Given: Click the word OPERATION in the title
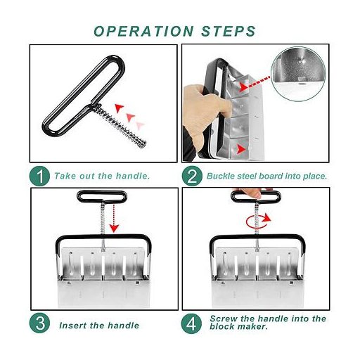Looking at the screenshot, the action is (x=143, y=31).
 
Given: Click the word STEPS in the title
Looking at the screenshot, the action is (x=229, y=31).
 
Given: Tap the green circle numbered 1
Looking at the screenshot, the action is (x=39, y=176).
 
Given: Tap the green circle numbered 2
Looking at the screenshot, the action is (x=192, y=176).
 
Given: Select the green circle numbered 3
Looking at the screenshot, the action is (x=39, y=323).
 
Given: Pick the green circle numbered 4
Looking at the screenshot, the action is (x=191, y=323).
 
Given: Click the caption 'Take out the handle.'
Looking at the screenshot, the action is (x=102, y=176).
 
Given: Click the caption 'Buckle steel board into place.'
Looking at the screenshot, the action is (x=266, y=176).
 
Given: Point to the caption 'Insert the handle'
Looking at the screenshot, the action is (x=99, y=326).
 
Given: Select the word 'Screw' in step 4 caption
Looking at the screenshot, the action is (x=224, y=319).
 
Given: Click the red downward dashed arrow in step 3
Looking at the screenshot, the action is (x=114, y=218).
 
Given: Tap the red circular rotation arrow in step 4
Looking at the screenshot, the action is (x=258, y=221).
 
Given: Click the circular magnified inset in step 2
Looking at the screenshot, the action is (x=298, y=74).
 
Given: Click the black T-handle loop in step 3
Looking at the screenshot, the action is (x=102, y=196).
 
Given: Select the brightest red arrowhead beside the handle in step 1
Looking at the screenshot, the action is (x=119, y=108).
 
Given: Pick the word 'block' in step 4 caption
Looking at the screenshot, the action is (x=222, y=326).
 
